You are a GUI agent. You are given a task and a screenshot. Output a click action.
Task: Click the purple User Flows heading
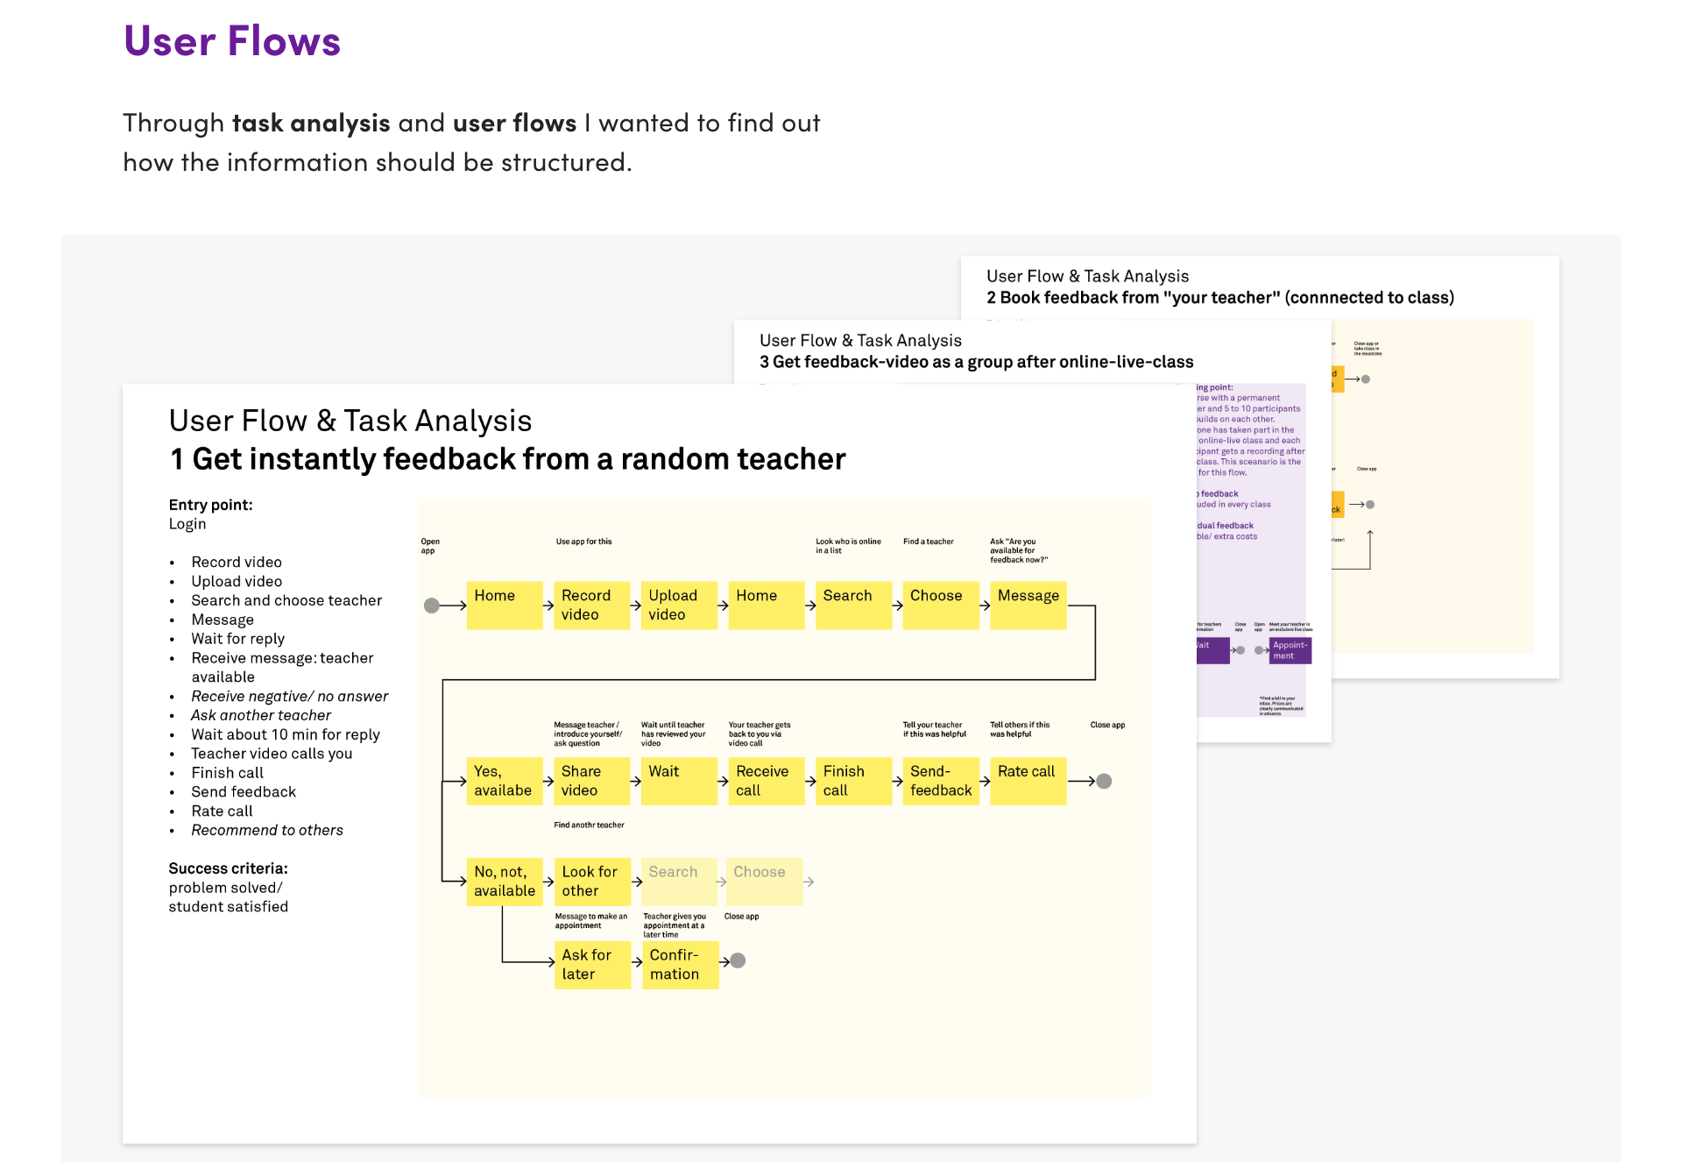pos(232,41)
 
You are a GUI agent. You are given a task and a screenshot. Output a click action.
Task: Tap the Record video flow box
pos(590,605)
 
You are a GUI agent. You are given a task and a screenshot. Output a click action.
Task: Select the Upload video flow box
pos(678,605)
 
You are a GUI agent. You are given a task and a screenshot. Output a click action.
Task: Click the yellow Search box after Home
pos(852,605)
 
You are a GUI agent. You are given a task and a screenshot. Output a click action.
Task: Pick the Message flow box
pos(1028,605)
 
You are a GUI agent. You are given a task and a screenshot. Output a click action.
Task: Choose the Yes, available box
pos(504,780)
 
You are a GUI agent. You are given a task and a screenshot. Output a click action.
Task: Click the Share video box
pos(590,780)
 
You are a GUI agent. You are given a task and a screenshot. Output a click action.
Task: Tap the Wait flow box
pos(678,780)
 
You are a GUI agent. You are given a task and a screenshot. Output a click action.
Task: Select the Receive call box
pos(766,780)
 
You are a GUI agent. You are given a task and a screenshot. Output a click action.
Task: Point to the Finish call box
pos(852,780)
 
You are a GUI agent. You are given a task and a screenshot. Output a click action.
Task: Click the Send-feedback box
pos(940,780)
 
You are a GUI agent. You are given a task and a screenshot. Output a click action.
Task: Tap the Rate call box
pos(1028,780)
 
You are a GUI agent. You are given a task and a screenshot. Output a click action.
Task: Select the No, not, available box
pos(504,881)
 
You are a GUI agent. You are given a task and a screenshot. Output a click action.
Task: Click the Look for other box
pos(591,881)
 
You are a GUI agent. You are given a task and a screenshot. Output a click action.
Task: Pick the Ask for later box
pos(591,964)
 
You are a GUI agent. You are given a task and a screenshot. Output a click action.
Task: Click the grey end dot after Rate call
pos(1104,781)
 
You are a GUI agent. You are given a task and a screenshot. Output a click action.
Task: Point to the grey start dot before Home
pos(432,606)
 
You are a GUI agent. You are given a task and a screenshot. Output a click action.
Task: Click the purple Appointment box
pos(1290,650)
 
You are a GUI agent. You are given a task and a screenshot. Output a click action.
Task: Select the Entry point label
pos(210,505)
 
